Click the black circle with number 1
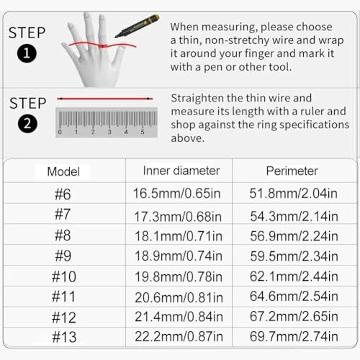coord(27,53)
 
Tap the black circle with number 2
coord(27,124)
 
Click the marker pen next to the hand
coord(138,26)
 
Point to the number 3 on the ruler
coord(109,132)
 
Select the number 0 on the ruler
coord(60,132)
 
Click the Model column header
coord(63,171)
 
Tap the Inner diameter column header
coord(181,171)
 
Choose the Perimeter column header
coord(292,171)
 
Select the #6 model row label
coord(63,194)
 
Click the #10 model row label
coord(64,276)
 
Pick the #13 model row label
coord(64,337)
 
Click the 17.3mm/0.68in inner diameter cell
coord(178,217)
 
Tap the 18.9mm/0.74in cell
coord(179,256)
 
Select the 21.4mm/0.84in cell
coord(179,317)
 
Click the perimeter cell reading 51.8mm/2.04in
coord(293,193)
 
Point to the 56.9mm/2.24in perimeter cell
coord(294,236)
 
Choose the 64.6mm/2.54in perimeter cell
coord(294,296)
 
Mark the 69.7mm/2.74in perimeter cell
coord(294,336)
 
